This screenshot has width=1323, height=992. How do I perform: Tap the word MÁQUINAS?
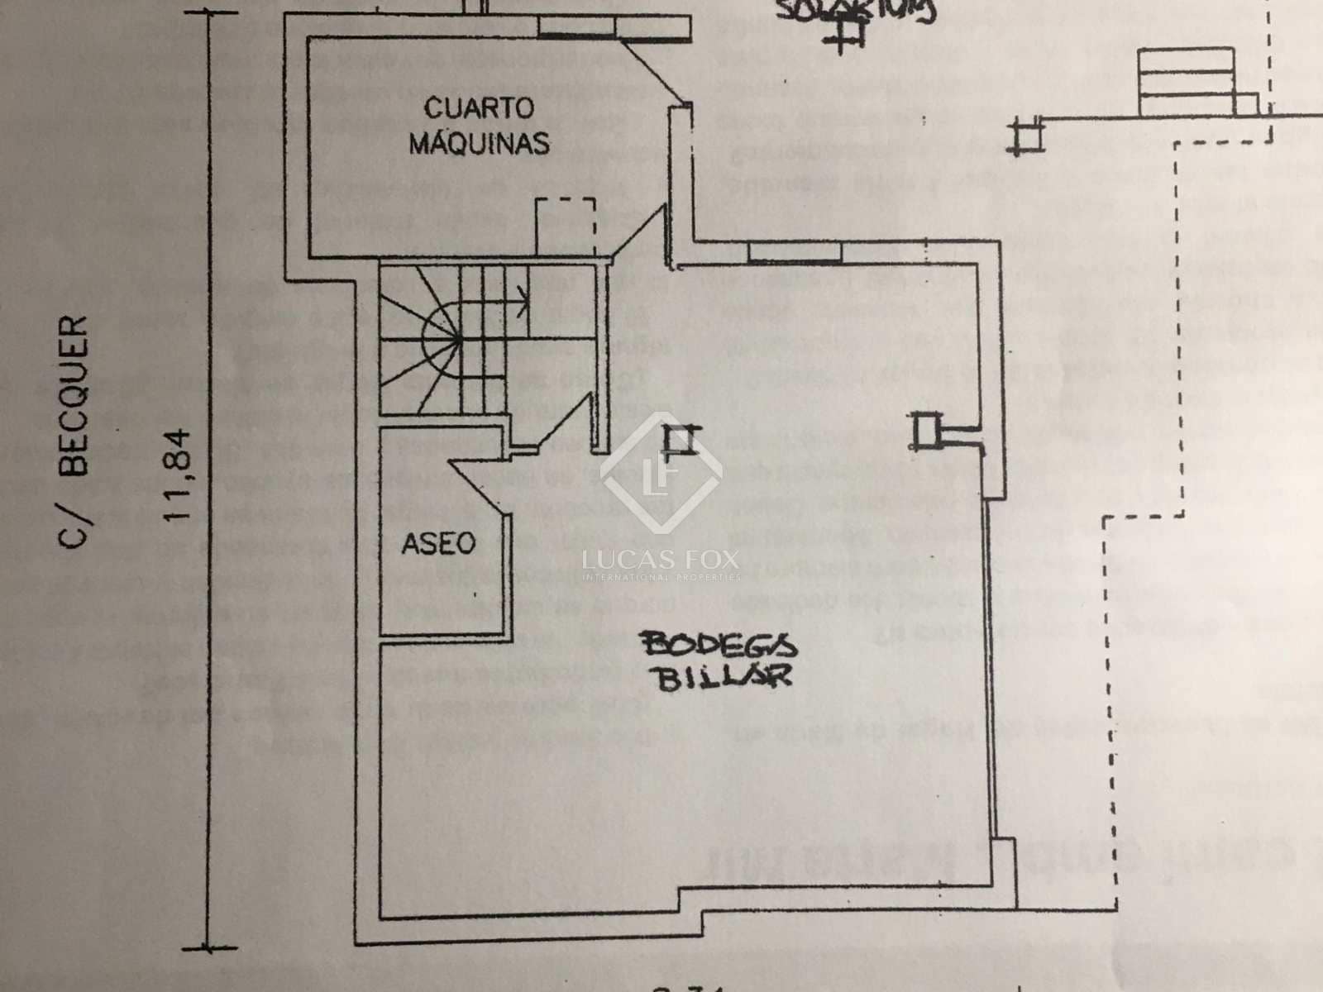479,143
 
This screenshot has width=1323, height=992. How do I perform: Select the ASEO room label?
438,544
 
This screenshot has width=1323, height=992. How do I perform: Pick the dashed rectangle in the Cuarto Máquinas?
566,225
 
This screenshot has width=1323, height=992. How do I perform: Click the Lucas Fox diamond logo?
661,473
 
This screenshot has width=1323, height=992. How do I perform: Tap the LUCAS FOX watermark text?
661,560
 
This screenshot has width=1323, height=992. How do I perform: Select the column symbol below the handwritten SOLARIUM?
848,31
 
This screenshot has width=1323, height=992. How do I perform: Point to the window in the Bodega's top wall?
794,249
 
